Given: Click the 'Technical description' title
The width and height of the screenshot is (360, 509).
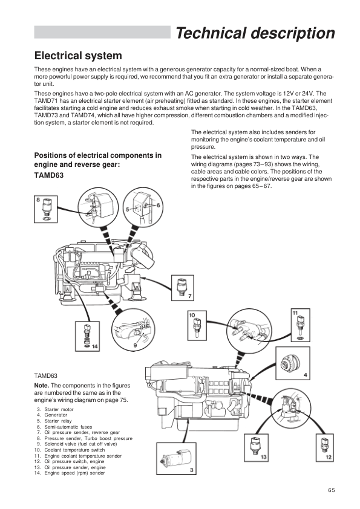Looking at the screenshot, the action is [255, 33].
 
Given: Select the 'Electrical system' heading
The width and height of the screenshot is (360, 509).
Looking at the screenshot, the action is [78, 56].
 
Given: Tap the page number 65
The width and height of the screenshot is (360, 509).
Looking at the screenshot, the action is [331, 490].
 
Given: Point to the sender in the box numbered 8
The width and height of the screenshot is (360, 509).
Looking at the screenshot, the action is [45, 209].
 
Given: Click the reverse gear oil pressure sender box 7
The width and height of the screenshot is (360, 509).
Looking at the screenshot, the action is [183, 288].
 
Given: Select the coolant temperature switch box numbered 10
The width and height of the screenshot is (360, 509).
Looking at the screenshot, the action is [197, 326].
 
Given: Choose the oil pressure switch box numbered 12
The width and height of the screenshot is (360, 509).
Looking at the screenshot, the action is [326, 447].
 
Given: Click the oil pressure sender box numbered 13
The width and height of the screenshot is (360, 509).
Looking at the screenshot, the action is [256, 447].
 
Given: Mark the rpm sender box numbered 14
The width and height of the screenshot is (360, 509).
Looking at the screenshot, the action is [87, 336].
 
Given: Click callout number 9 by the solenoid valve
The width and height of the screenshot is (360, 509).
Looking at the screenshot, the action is [135, 345].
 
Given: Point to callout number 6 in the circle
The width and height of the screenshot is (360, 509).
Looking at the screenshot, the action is [159, 205].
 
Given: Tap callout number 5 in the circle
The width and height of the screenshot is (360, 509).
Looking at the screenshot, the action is [128, 209].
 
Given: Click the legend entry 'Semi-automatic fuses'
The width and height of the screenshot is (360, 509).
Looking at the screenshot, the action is [64, 427].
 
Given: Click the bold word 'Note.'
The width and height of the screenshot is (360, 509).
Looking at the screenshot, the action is [42, 386].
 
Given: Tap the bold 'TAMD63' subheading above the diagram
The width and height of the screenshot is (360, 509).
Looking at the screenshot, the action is [49, 175].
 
